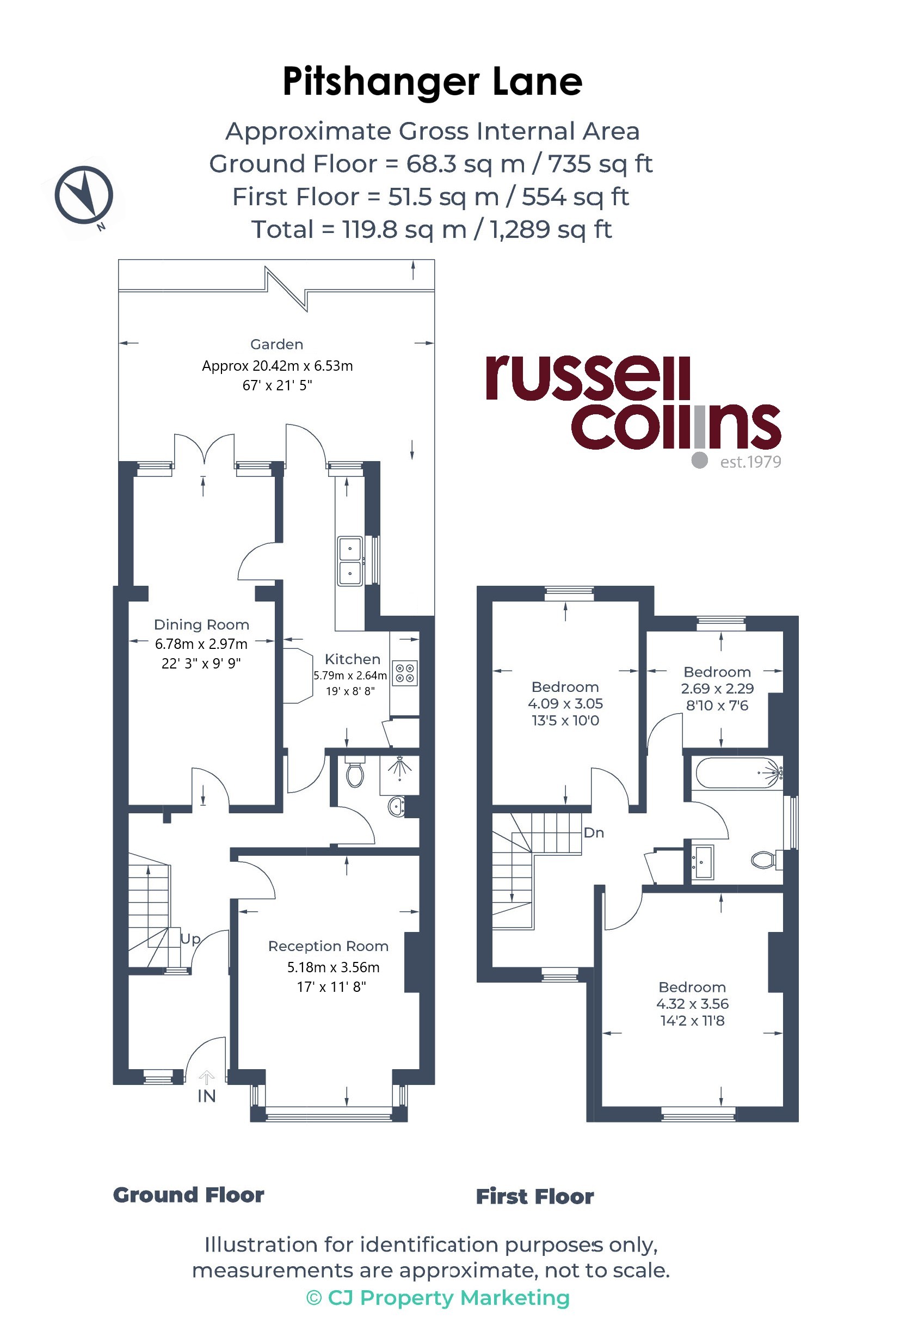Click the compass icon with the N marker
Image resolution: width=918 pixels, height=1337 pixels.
click(84, 195)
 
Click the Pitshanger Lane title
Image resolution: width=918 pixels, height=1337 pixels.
click(433, 82)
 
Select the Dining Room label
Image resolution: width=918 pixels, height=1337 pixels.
click(201, 625)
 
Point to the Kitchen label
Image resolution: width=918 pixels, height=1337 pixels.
click(353, 659)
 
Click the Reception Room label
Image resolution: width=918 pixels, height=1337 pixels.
click(329, 946)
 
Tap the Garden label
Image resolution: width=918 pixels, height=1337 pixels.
click(276, 344)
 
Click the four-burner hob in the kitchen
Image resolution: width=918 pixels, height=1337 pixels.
click(405, 673)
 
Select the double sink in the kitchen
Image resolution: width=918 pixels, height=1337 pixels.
click(350, 561)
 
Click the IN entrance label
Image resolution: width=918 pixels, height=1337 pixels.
click(206, 1096)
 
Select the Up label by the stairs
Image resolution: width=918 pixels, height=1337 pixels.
click(190, 940)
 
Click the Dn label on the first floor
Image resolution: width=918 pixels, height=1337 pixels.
click(594, 833)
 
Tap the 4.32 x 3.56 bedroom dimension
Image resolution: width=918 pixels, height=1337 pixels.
click(693, 1004)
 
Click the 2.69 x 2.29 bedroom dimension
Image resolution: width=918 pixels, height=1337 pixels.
click(717, 689)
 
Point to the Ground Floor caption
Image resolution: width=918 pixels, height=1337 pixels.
click(189, 1195)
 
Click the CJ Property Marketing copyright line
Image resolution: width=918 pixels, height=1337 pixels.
click(438, 1298)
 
